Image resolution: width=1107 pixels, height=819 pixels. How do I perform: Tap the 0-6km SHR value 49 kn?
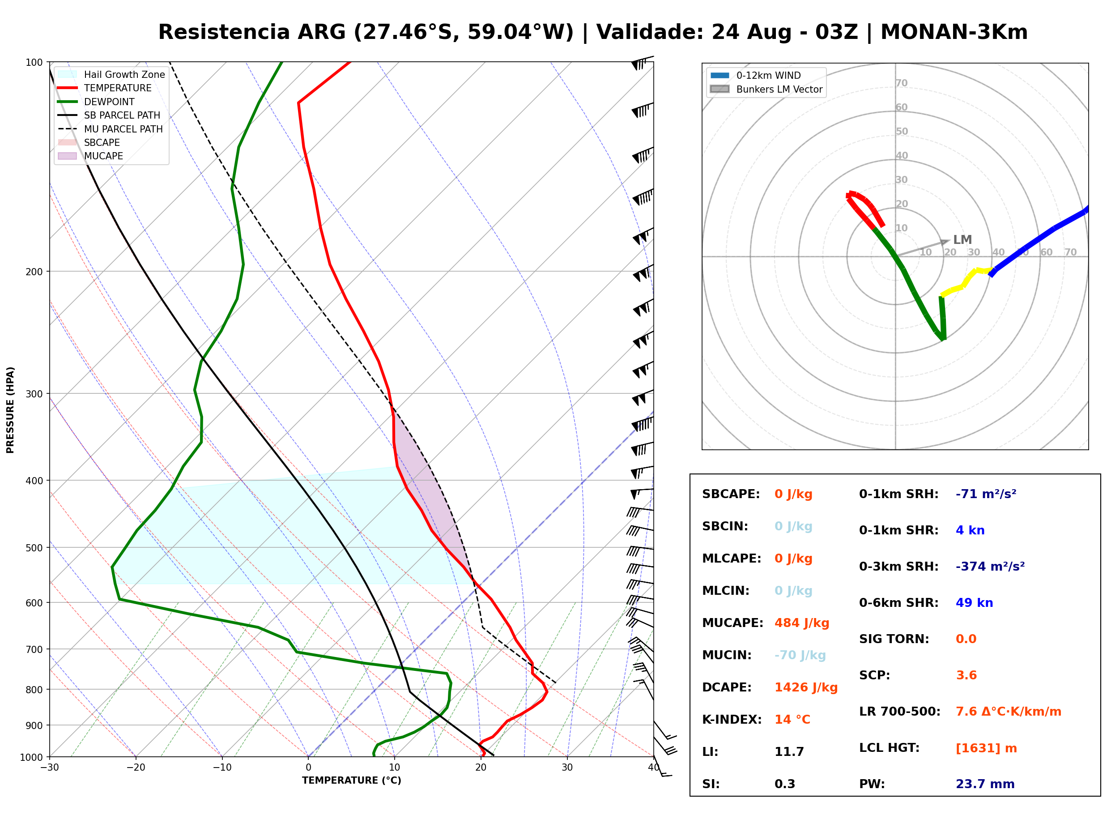point(974,603)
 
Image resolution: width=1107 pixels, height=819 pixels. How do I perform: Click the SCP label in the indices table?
point(874,675)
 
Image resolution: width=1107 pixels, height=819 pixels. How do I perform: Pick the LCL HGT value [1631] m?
point(986,748)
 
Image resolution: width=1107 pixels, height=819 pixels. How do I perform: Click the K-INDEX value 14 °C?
point(792,719)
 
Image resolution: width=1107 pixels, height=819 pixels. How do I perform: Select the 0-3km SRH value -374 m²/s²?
point(990,566)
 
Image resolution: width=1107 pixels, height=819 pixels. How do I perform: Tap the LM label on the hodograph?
point(962,240)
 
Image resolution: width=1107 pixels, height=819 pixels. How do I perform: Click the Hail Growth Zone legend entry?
point(111,74)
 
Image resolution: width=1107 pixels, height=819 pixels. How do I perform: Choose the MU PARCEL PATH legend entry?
point(111,129)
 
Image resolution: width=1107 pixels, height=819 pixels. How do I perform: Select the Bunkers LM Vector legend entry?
point(766,89)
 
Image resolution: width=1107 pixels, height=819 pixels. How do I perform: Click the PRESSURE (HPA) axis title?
point(10,410)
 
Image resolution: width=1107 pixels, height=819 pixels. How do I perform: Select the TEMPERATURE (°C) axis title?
point(352,781)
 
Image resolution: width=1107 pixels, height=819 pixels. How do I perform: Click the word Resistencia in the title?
point(224,32)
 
